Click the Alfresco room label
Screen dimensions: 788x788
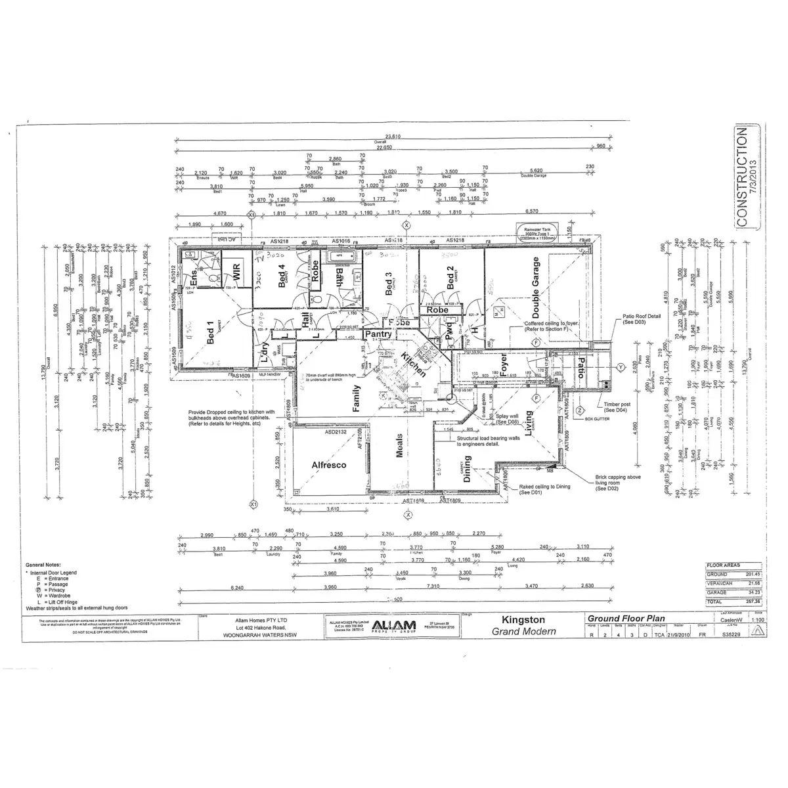pyautogui.click(x=328, y=465)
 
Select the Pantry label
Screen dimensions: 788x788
pyautogui.click(x=378, y=334)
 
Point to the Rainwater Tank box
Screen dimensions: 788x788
pyautogui.click(x=537, y=232)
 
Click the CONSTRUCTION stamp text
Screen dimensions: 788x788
pyautogui.click(x=742, y=177)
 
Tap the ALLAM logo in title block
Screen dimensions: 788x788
pyautogui.click(x=392, y=624)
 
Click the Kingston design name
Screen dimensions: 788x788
pyautogui.click(x=523, y=619)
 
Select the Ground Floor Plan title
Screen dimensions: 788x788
pyautogui.click(x=625, y=619)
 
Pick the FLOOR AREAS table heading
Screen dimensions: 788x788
pyautogui.click(x=722, y=565)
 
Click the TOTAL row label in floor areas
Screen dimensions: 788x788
pyautogui.click(x=714, y=602)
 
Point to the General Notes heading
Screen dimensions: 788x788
pyautogui.click(x=43, y=565)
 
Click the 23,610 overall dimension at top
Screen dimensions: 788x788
pyautogui.click(x=392, y=137)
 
